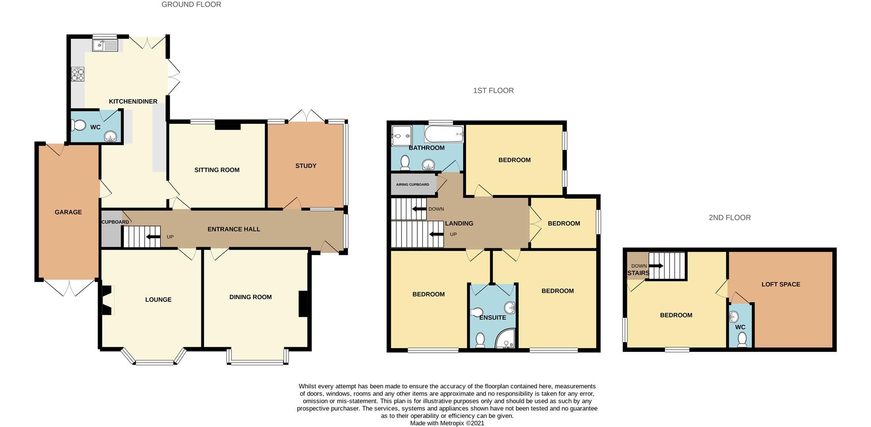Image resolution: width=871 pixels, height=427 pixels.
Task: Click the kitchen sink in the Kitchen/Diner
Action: coord(105,45)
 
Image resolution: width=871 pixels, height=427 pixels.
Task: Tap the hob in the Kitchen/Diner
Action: coord(78,74)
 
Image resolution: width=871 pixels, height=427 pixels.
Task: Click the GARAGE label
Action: coord(68,212)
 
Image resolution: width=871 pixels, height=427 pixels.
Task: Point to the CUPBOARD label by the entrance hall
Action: coord(115,222)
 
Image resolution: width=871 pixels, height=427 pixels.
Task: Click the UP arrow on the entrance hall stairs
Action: coord(153,237)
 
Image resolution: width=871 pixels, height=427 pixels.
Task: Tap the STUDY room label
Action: coord(306,166)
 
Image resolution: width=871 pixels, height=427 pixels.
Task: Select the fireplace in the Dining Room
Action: coord(303,303)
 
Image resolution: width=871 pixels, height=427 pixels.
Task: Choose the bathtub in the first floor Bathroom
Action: coord(444,134)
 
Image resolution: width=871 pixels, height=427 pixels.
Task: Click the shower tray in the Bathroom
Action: coord(401,136)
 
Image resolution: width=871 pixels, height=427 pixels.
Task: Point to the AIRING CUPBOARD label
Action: coord(412,184)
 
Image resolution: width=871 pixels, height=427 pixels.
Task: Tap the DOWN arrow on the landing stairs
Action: coord(419,209)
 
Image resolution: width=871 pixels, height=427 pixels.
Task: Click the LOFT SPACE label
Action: coord(781,284)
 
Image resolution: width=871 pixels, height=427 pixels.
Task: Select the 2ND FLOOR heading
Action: coord(729,218)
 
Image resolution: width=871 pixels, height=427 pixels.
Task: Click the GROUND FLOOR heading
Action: coord(191,5)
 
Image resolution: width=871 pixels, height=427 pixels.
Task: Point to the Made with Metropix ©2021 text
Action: coord(447,423)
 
